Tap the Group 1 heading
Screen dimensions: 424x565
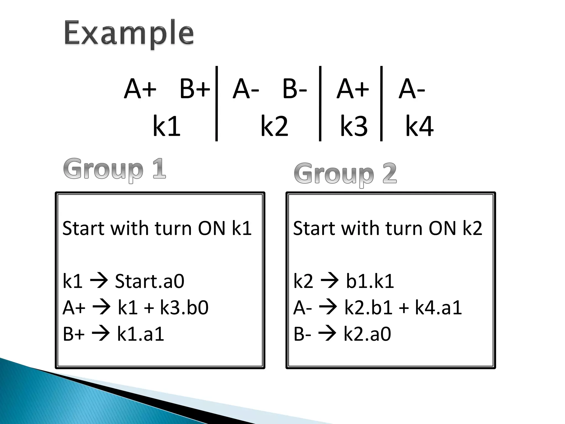click(114, 169)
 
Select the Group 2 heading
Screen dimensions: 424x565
click(345, 173)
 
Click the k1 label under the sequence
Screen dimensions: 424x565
click(166, 126)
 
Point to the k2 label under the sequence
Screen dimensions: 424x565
click(274, 126)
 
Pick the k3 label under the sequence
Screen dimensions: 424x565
click(354, 126)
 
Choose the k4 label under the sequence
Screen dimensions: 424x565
click(419, 126)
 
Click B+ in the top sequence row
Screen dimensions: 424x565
click(195, 89)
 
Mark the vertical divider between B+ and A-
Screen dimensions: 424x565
click(217, 104)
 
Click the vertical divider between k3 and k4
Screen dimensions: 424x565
click(381, 104)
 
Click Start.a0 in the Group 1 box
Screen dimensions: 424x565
click(150, 281)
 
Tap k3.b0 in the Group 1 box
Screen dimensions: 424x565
click(184, 308)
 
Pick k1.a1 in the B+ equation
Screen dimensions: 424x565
click(140, 334)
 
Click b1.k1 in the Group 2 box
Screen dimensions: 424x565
click(370, 281)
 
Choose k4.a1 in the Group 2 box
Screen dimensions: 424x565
click(438, 308)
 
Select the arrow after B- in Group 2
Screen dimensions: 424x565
click(327, 334)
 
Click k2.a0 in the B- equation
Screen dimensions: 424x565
click(367, 334)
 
